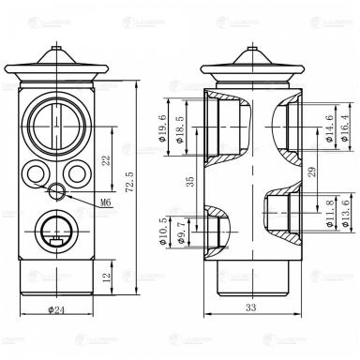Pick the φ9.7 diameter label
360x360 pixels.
click(182, 230)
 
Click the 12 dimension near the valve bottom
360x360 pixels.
click(104, 277)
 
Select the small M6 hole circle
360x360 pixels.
click(59, 192)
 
